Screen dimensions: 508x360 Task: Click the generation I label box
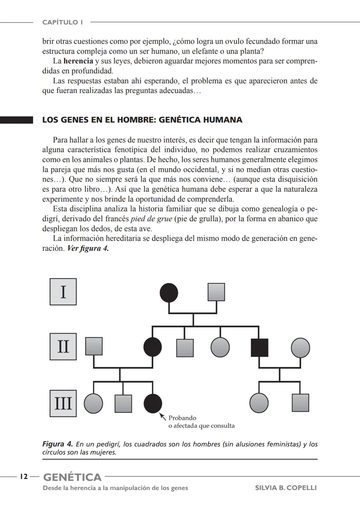point(63,292)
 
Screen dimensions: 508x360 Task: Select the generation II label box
point(63,346)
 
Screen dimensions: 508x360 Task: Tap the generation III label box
point(63,403)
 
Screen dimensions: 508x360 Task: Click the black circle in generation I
point(169,293)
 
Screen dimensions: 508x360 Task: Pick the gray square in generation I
point(216,292)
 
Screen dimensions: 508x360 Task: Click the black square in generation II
point(259,347)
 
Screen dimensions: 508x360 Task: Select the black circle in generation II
point(153,347)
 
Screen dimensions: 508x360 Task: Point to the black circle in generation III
point(153,403)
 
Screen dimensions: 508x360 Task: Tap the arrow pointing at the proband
point(163,416)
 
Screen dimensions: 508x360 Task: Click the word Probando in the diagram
point(182,418)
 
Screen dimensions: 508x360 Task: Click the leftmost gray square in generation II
point(94,346)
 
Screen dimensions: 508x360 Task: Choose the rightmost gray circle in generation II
point(300,348)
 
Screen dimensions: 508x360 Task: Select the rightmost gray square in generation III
point(300,403)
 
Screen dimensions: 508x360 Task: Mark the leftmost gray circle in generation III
point(93,403)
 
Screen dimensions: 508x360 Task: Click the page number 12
point(23,477)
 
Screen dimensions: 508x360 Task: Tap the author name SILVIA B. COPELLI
point(286,488)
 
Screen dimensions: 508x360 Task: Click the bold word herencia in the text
point(78,61)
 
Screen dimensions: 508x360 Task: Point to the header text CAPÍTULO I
point(63,22)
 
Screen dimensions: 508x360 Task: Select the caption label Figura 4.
point(57,444)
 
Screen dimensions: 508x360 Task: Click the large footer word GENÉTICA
point(72,477)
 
